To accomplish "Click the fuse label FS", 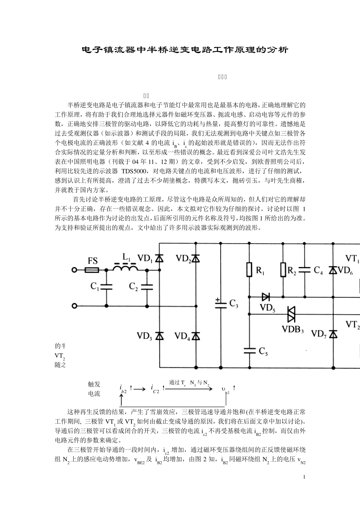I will coord(93,261).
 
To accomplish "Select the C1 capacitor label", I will coord(95,287).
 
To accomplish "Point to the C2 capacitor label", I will coord(133,287).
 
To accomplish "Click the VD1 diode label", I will coord(145,259).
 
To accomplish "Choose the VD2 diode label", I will coord(183,258).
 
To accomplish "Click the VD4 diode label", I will coord(182,336).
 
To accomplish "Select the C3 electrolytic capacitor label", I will coord(234,304).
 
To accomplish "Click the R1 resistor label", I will coord(261,270).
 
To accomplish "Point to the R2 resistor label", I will coord(292,270).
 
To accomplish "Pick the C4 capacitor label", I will coord(318,270).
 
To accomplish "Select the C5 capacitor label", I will coord(263,352).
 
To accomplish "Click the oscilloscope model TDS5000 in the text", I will coord(136,171).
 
